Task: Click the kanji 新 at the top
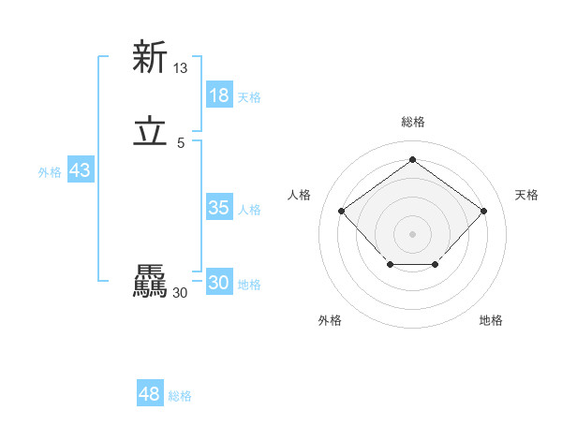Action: coord(150,57)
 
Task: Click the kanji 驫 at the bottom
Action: coord(150,282)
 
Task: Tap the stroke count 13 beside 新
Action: coord(181,68)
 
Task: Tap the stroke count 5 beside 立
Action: coord(181,143)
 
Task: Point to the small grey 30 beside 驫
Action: coord(181,293)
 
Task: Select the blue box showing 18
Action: coord(219,95)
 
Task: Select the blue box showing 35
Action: coord(219,208)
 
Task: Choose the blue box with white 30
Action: coord(219,283)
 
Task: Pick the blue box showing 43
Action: coord(80,170)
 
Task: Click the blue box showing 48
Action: coord(150,394)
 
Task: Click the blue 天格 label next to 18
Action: coord(249,97)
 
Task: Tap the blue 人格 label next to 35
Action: coord(249,210)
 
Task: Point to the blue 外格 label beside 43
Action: coord(50,172)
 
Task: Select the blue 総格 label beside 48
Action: coord(180,396)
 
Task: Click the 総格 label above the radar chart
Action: coord(412,122)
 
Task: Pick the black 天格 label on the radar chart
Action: coord(526,195)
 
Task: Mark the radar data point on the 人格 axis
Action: coord(342,211)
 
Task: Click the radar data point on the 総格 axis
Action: coord(412,159)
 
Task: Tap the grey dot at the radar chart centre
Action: coord(412,233)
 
